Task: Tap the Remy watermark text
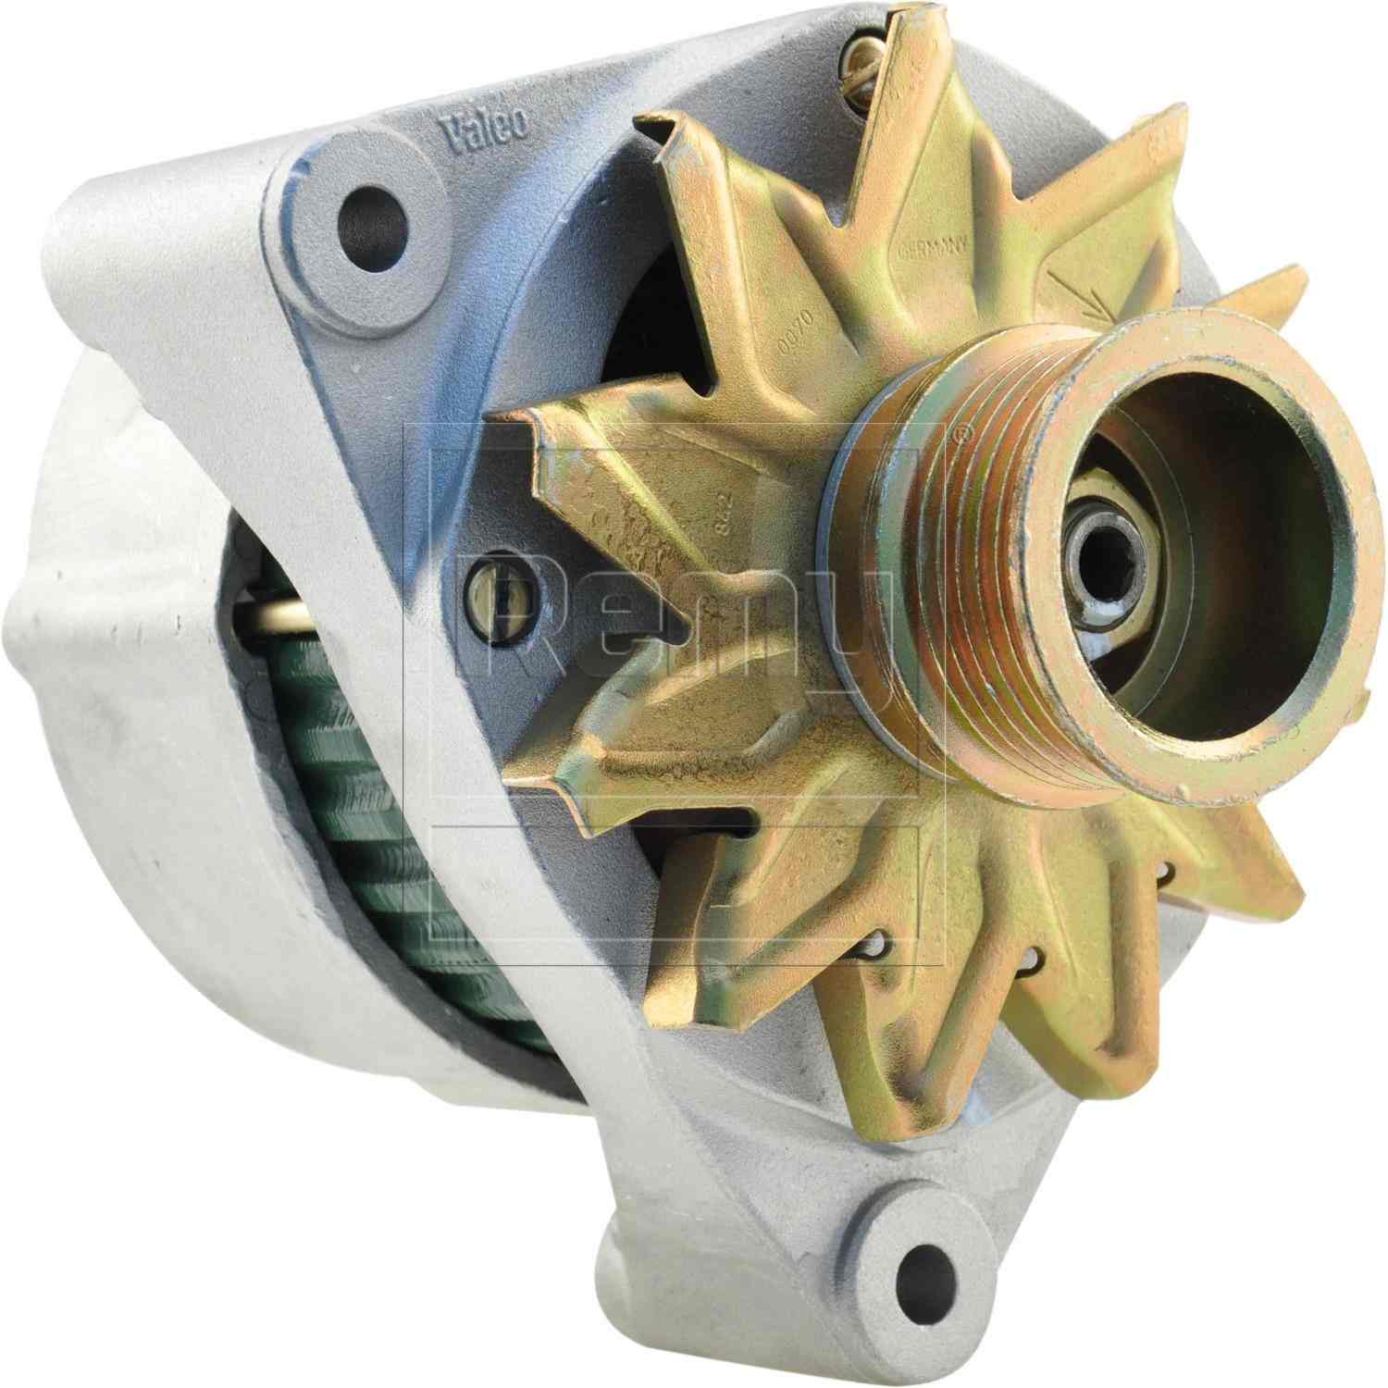[x=675, y=601]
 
